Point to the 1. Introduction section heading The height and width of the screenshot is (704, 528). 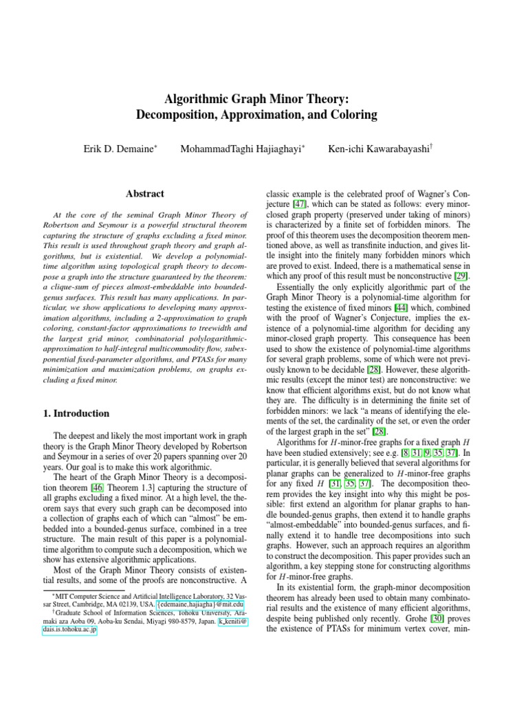(73, 414)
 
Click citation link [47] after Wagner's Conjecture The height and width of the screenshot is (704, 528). (299, 205)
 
